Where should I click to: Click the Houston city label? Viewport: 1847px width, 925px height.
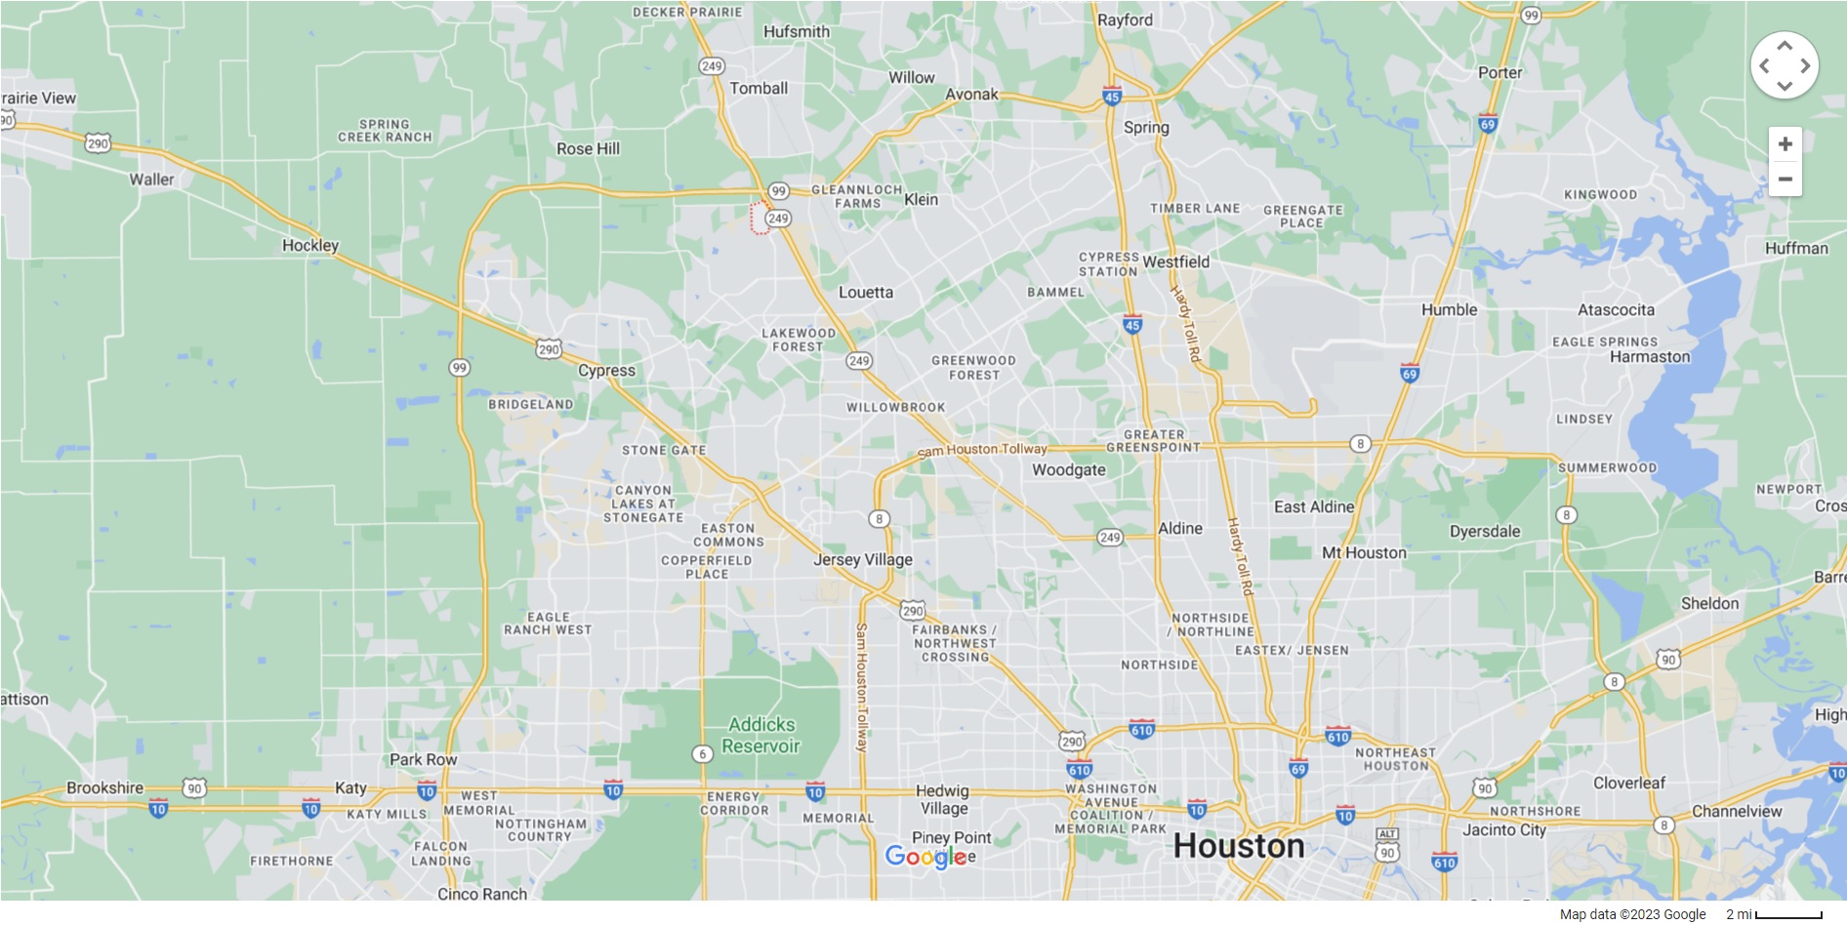tap(1238, 846)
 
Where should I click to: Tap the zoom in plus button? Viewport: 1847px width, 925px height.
tap(1785, 144)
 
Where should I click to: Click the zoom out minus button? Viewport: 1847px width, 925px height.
tap(1785, 180)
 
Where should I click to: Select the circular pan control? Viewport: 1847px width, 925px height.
tap(1785, 65)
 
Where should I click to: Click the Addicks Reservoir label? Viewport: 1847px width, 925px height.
tap(761, 736)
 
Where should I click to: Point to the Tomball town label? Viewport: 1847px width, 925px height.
tap(759, 88)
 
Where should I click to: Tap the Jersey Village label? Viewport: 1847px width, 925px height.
tap(863, 559)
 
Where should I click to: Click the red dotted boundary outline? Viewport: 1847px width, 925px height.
tap(759, 218)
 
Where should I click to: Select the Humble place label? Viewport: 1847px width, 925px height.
tap(1449, 309)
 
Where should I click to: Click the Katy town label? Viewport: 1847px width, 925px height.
tap(350, 787)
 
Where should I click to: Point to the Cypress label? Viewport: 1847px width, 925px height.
tap(606, 370)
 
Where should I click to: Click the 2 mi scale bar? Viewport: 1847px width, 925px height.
tap(1787, 914)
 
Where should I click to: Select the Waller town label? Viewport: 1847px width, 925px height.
tap(151, 180)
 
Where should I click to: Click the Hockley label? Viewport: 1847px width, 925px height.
tap(310, 245)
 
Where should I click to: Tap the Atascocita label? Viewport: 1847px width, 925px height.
tap(1616, 309)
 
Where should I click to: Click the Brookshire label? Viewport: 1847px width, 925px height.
tap(104, 787)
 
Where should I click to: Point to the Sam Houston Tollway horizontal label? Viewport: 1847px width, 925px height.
tap(982, 450)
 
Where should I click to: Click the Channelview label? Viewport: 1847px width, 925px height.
tap(1736, 811)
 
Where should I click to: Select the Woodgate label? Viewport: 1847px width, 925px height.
tap(1069, 469)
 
